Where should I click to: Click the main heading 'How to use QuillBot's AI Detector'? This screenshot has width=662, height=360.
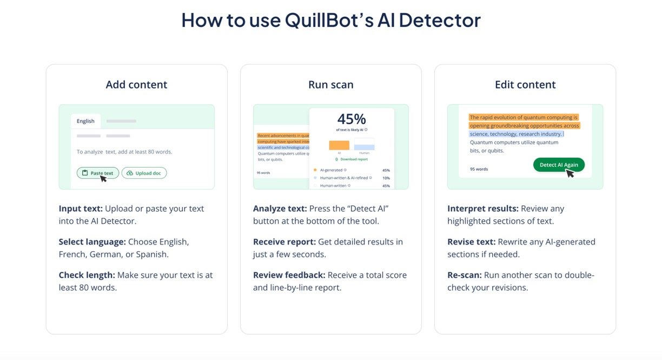pyautogui.click(x=330, y=21)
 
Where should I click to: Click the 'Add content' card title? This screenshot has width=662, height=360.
pyautogui.click(x=136, y=85)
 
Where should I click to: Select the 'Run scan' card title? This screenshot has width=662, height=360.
pyautogui.click(x=330, y=85)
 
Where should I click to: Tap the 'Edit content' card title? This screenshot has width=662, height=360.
pyautogui.click(x=525, y=85)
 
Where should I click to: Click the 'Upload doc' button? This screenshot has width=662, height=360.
pyautogui.click(x=144, y=173)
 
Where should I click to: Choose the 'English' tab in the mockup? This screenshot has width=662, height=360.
pyautogui.click(x=85, y=121)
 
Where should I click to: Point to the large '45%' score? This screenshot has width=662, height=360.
pyautogui.click(x=352, y=119)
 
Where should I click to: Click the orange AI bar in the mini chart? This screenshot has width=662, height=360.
pyautogui.click(x=339, y=145)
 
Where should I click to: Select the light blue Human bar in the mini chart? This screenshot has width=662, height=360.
pyautogui.click(x=364, y=147)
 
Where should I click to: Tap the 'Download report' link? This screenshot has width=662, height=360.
pyautogui.click(x=354, y=159)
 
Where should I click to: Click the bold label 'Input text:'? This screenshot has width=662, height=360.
pyautogui.click(x=81, y=209)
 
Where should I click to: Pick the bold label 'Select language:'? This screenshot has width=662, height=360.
pyautogui.click(x=92, y=242)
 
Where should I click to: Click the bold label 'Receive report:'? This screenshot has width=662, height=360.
pyautogui.click(x=284, y=242)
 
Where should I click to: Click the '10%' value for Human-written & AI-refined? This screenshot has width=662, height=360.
pyautogui.click(x=386, y=178)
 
